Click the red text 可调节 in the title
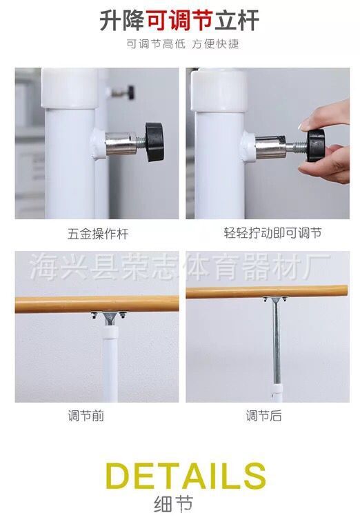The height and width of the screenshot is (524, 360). (179, 20)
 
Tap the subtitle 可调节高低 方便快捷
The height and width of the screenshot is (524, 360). (183, 43)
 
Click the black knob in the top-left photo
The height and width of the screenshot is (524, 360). (154, 141)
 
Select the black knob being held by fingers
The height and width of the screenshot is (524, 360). (315, 145)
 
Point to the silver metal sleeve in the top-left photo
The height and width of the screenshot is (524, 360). (121, 143)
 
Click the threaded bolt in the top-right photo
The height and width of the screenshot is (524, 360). (297, 147)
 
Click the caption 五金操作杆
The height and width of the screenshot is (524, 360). (98, 234)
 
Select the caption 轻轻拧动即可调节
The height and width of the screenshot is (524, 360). (272, 233)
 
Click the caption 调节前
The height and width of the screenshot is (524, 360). (86, 416)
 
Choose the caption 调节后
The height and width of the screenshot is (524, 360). (263, 416)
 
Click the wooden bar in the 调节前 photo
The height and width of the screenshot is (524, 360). (97, 304)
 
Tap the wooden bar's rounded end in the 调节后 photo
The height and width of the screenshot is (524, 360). (344, 291)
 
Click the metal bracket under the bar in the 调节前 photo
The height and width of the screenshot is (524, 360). (109, 318)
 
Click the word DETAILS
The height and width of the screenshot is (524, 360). (186, 476)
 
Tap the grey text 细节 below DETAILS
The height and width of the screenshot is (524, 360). (174, 504)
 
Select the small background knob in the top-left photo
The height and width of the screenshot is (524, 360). (123, 92)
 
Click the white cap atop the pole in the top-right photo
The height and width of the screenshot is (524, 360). (219, 90)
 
